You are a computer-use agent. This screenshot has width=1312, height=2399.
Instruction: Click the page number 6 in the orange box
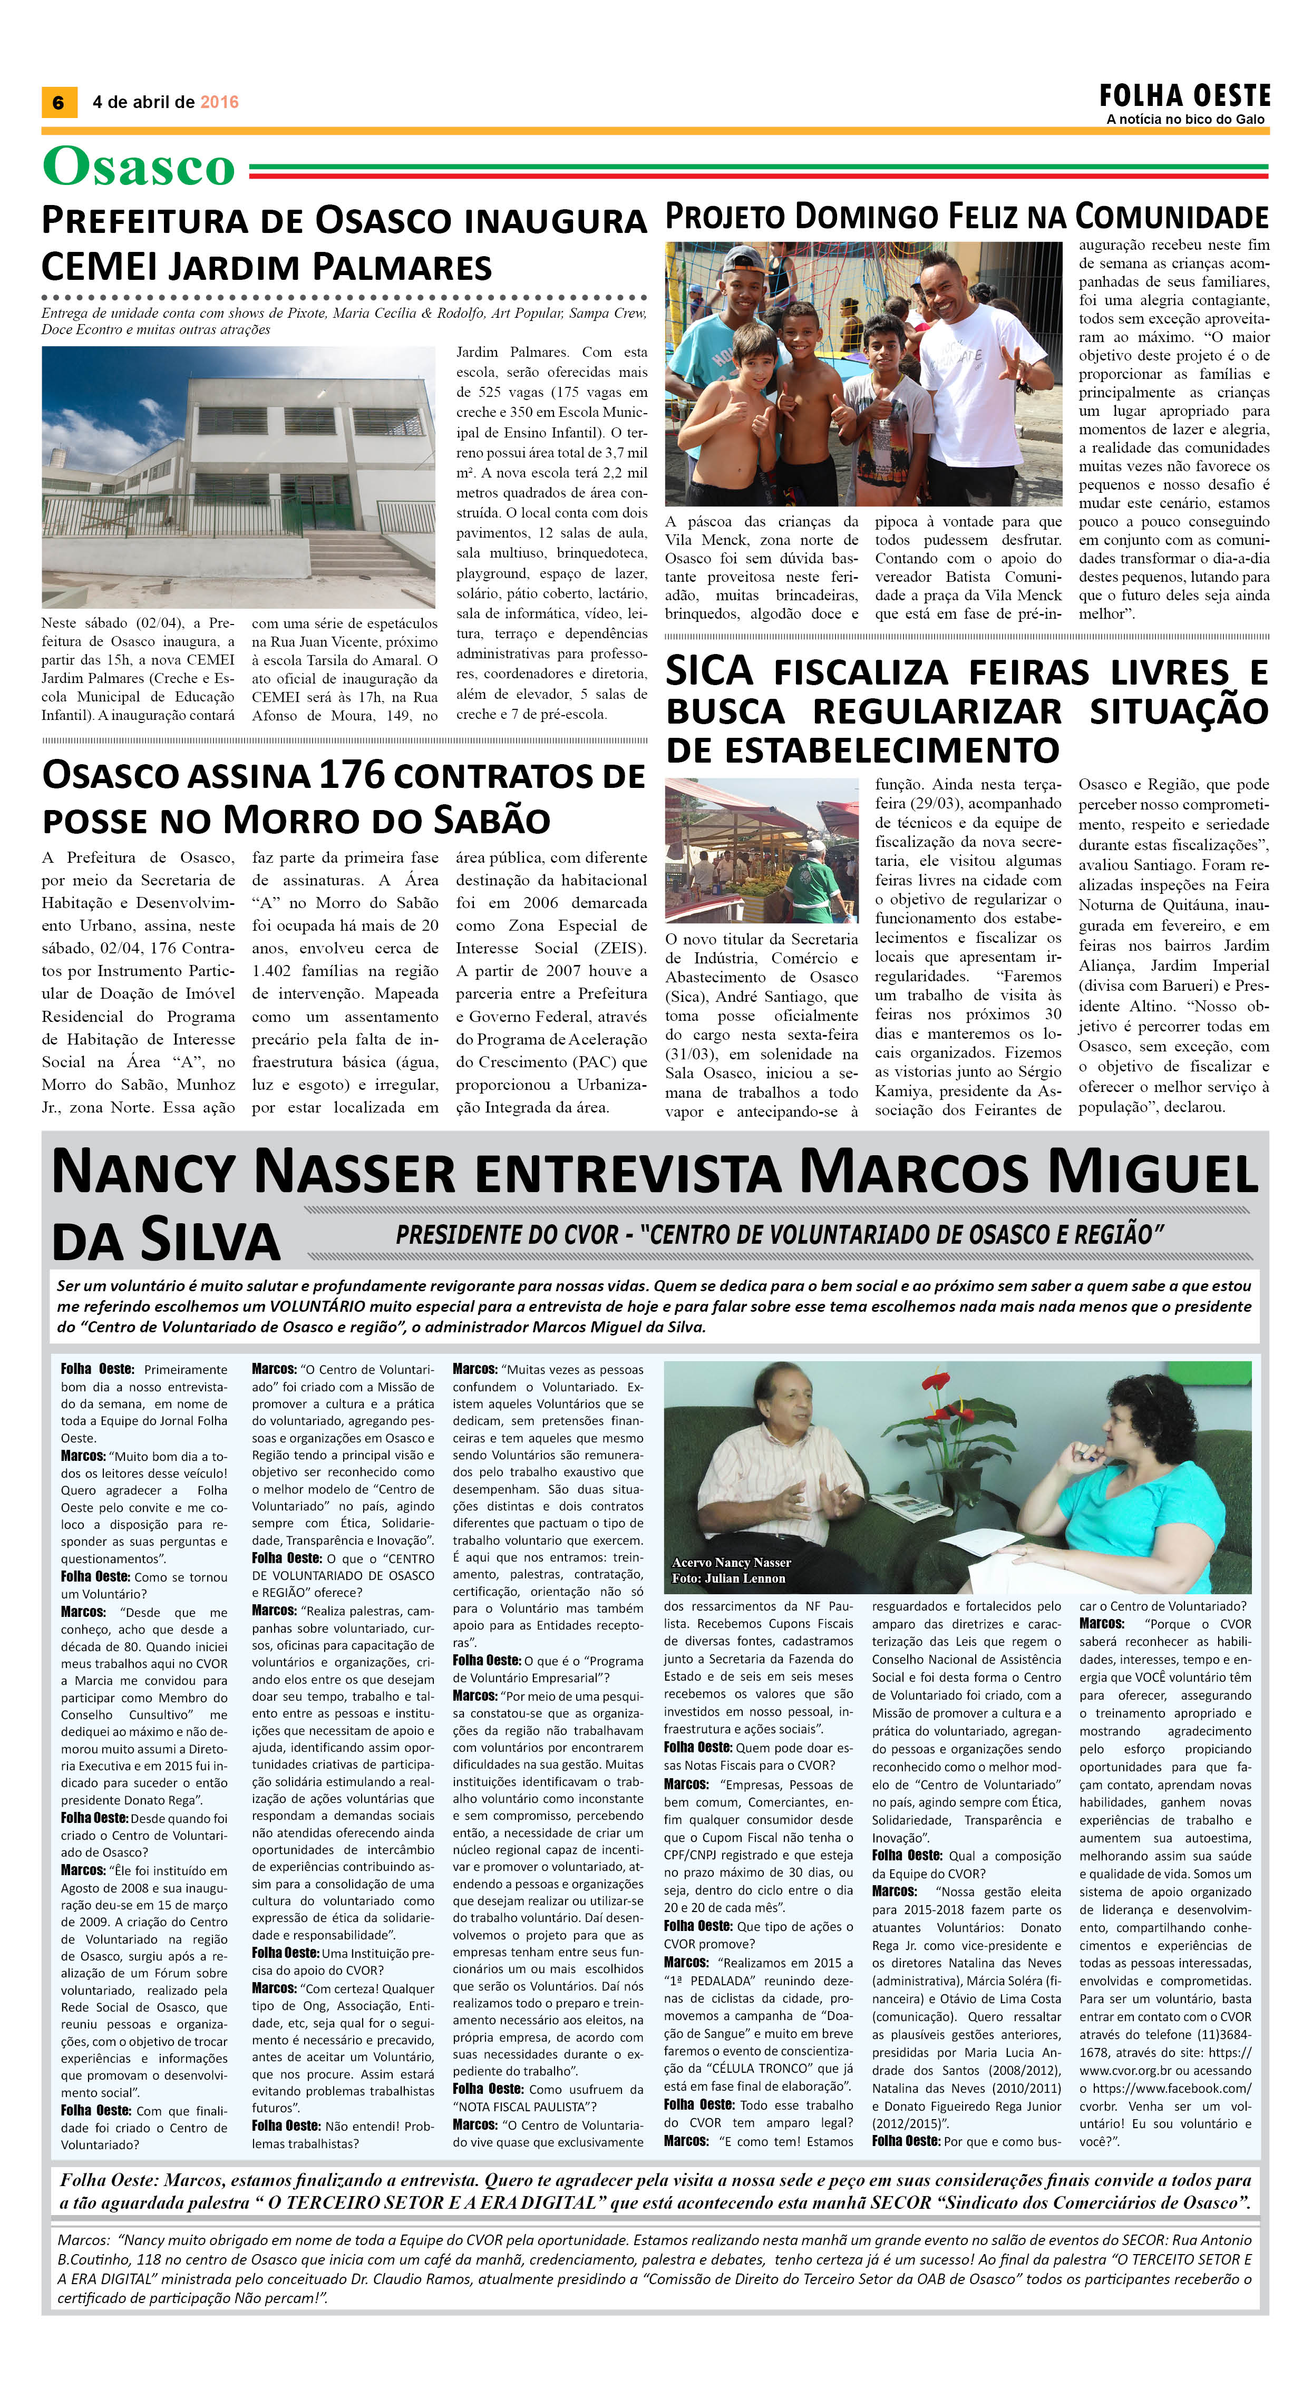[x=58, y=102]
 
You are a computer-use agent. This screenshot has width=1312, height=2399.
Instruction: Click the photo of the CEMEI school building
[x=238, y=477]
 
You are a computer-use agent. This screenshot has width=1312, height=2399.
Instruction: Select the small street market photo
[x=761, y=850]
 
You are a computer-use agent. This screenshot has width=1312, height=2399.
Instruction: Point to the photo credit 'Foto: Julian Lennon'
[x=728, y=1578]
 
